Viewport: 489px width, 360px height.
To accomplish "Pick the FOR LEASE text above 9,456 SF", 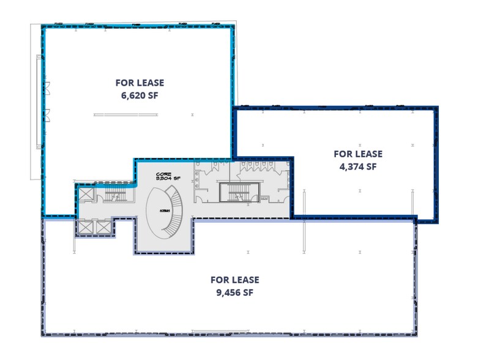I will [234, 280].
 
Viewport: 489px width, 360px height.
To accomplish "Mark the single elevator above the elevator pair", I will [84, 195].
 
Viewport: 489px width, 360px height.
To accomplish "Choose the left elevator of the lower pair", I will [84, 228].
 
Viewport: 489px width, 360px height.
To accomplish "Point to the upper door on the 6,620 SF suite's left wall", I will [46, 86].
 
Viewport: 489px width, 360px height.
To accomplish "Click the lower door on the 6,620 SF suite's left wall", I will [46, 114].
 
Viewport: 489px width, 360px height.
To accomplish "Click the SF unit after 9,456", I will [248, 293].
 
